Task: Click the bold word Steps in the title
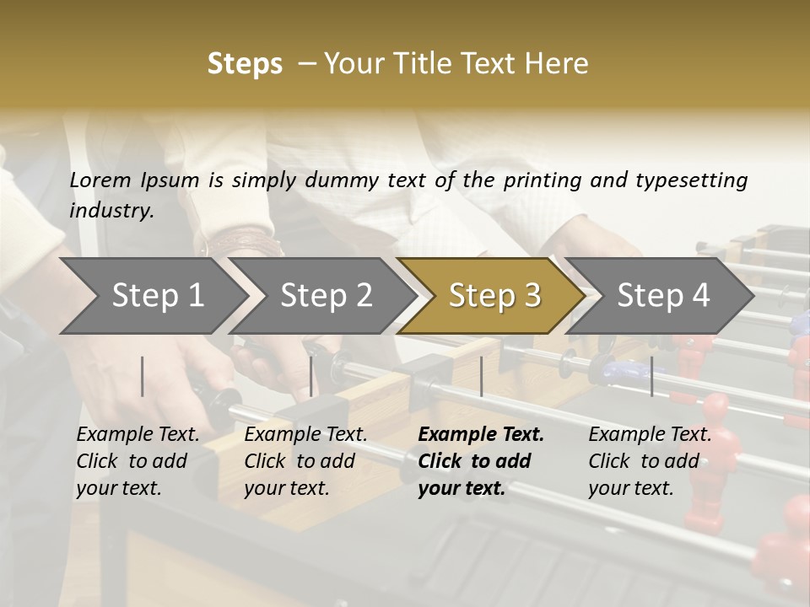pos(245,64)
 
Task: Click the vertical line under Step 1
pos(143,376)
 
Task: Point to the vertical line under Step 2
pos(311,376)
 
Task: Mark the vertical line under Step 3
pos(481,376)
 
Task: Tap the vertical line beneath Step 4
pos(652,376)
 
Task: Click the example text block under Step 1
pos(138,461)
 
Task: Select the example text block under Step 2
pos(305,461)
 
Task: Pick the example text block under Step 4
pos(650,461)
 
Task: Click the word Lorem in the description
pos(100,180)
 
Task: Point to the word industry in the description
pos(111,211)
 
